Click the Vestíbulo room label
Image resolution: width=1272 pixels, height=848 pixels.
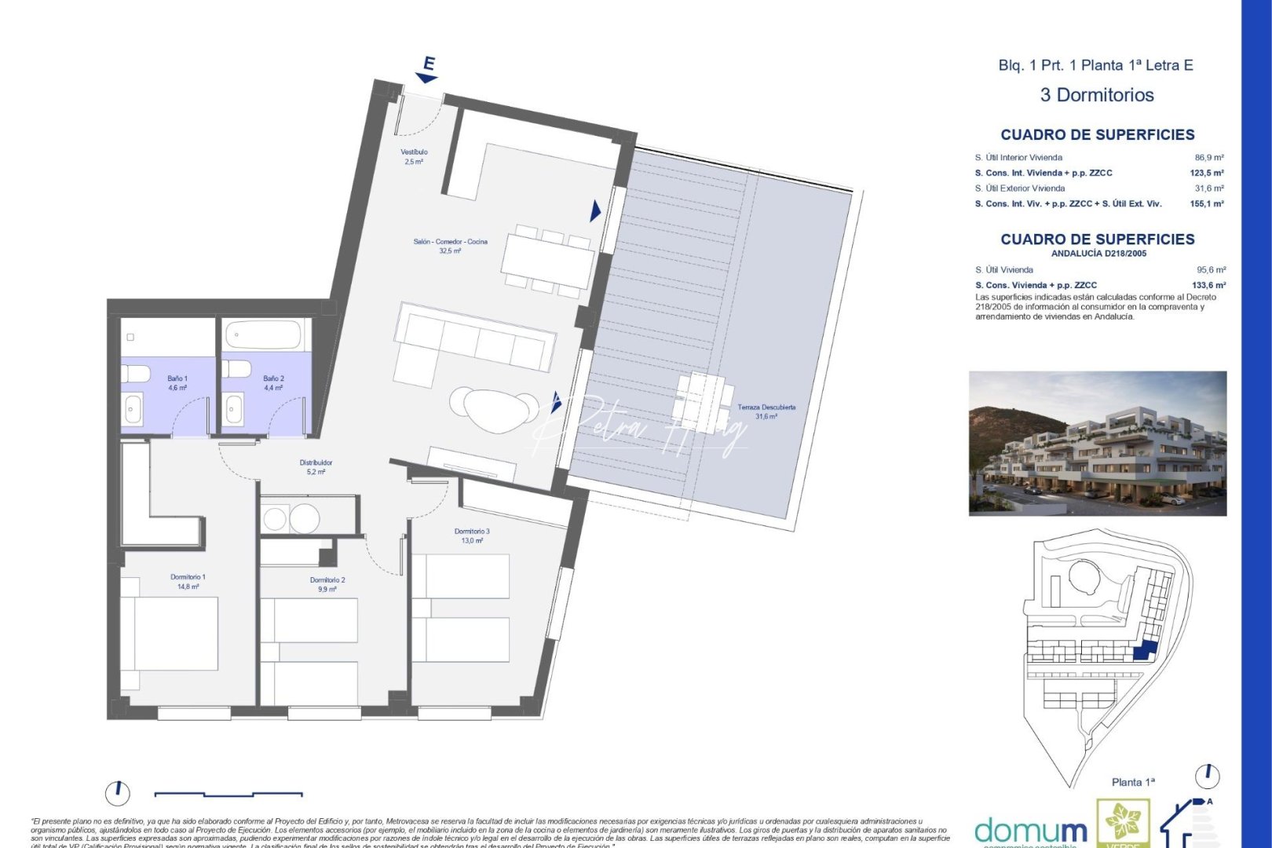(x=414, y=152)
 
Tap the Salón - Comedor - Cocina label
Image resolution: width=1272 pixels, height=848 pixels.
(x=450, y=242)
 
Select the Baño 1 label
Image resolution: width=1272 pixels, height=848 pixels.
(x=177, y=378)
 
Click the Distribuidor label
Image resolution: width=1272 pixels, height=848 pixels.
(x=316, y=463)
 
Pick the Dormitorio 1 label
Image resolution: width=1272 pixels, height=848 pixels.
(x=188, y=577)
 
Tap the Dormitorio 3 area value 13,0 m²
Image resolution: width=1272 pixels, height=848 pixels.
(x=472, y=541)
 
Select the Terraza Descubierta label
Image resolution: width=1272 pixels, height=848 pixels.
(x=766, y=408)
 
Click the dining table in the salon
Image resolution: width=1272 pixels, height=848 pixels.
(x=549, y=260)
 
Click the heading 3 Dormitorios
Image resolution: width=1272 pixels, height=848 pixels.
(x=1096, y=95)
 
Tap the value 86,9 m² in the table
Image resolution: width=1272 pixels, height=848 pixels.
(x=1209, y=158)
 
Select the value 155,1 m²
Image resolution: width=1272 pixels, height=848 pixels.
(x=1208, y=204)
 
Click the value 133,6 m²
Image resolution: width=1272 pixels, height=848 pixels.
(x=1209, y=286)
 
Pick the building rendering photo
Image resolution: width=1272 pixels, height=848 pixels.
(x=1097, y=443)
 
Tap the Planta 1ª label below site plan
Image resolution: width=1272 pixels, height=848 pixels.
(x=1133, y=782)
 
